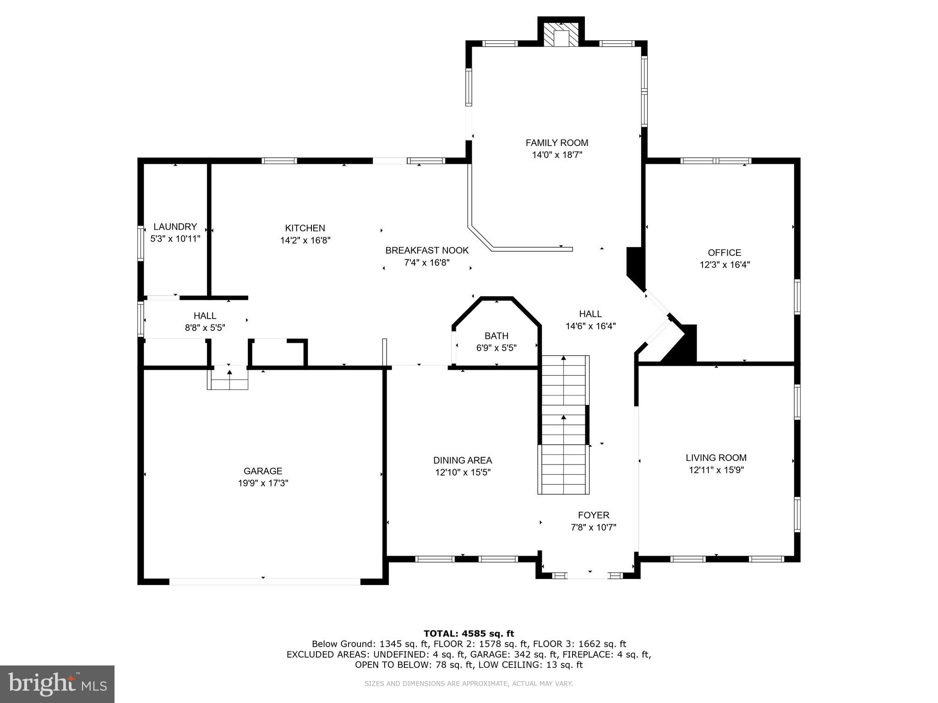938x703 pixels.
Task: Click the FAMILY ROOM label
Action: pos(556,143)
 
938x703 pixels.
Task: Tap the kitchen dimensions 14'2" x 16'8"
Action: pos(305,240)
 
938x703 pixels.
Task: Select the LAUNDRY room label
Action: pos(175,227)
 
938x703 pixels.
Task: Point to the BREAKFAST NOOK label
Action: pos(427,250)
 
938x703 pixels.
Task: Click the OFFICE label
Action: pos(724,253)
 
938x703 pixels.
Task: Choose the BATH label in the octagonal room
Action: pos(496,336)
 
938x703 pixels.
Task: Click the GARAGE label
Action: pos(263,471)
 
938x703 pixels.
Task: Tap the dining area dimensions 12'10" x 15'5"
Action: pos(463,472)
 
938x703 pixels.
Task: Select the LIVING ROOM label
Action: pos(716,458)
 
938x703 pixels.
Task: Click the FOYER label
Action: pos(593,515)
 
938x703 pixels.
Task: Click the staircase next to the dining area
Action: pos(563,426)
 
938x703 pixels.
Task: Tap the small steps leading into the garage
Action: pos(228,378)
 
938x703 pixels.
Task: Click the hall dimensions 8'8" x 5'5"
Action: pos(205,328)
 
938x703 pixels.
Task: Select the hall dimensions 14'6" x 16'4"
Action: pos(590,326)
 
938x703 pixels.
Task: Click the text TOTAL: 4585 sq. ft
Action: pos(469,633)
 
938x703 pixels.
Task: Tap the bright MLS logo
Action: pos(57,684)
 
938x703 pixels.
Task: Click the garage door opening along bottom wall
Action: pos(265,582)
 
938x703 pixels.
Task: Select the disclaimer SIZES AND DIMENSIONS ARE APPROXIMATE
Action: pos(469,684)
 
